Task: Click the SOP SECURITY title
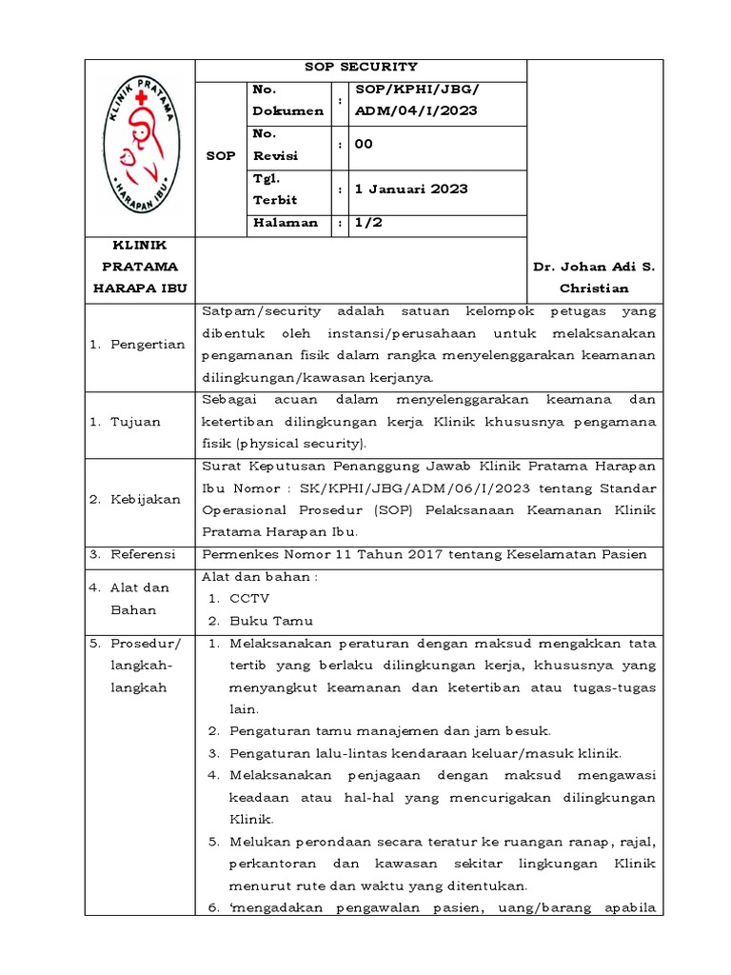point(360,67)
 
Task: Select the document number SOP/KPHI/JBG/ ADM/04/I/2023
point(416,100)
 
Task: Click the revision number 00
point(364,144)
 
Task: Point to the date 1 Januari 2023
point(410,189)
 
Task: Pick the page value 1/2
point(367,223)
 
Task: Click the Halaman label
point(283,223)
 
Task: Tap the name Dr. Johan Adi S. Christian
point(594,277)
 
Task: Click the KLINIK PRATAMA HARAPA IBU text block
point(140,267)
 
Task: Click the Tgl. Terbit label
point(274,189)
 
